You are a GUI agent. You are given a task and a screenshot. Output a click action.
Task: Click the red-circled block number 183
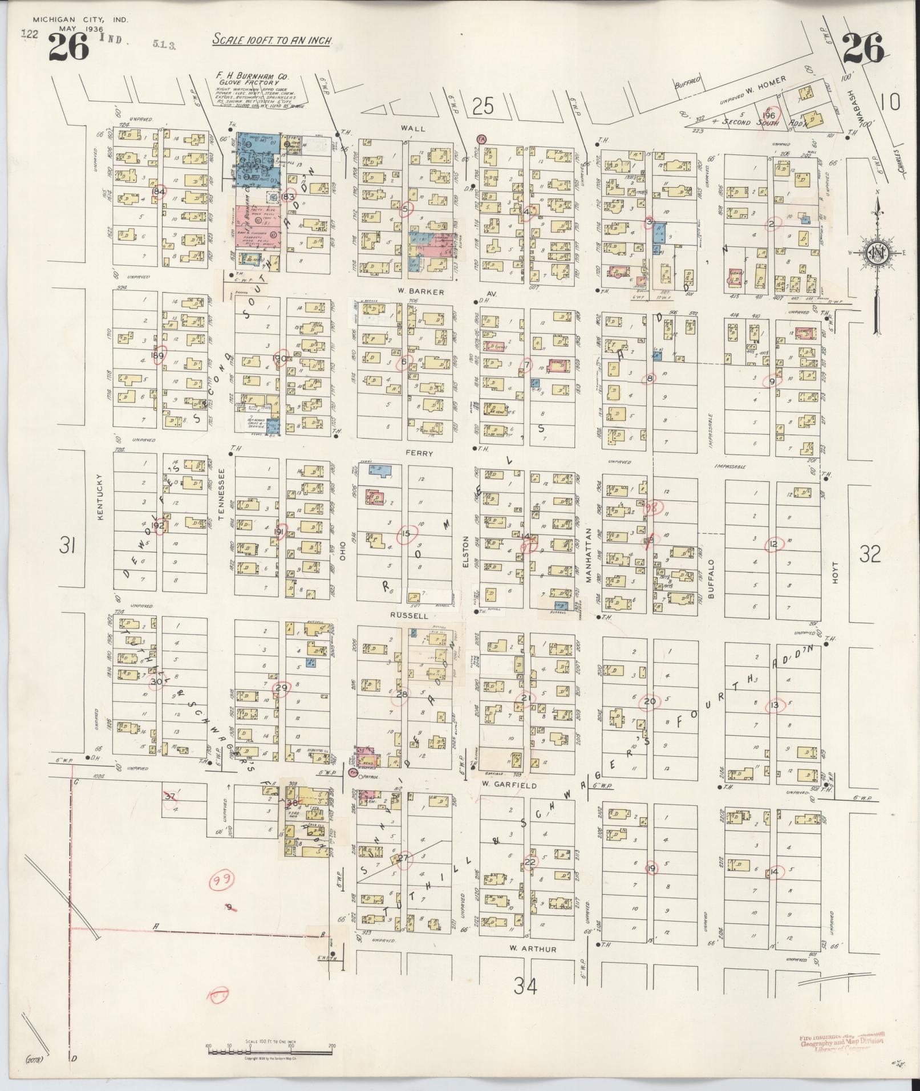pyautogui.click(x=289, y=197)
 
